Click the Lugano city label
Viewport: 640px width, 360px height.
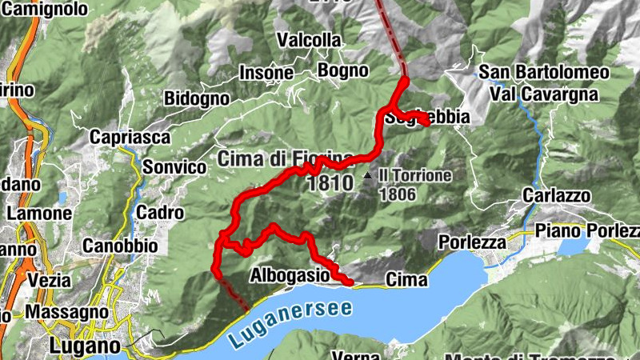coord(84,346)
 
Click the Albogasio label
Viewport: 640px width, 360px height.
coord(290,275)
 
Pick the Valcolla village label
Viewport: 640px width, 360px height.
coord(309,39)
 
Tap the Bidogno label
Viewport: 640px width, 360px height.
coord(196,98)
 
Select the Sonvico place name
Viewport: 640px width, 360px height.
coord(174,167)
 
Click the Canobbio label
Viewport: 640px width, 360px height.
coord(119,246)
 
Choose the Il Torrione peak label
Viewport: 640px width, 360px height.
coord(415,175)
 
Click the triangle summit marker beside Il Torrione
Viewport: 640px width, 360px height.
coord(367,174)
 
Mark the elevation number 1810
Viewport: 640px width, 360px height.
coord(330,183)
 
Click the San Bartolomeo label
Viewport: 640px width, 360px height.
coord(544,72)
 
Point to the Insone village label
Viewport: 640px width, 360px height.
coord(266,73)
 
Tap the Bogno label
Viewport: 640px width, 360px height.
coord(342,69)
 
